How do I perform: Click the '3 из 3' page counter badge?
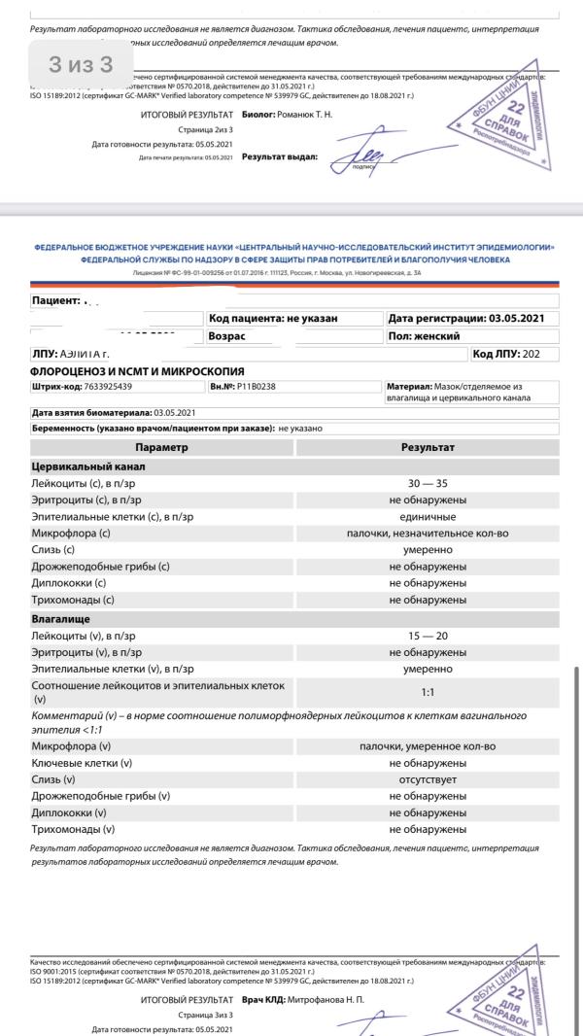point(81,65)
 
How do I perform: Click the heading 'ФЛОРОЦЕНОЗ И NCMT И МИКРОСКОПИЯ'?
point(137,371)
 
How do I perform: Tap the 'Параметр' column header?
point(161,448)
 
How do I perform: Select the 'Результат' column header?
point(428,448)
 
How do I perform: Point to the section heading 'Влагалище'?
point(60,618)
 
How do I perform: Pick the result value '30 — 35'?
point(428,483)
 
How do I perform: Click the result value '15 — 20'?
point(428,636)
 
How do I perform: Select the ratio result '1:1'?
point(428,693)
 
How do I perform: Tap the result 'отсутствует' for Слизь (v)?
point(428,779)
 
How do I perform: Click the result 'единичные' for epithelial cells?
point(428,517)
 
